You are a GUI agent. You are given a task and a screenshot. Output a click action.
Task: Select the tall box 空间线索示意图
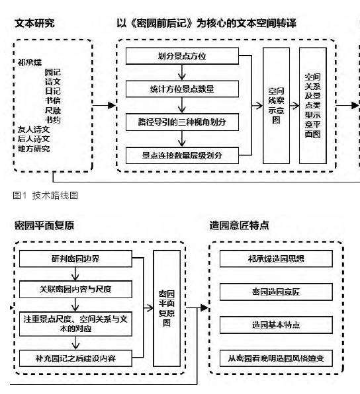[x=276, y=105]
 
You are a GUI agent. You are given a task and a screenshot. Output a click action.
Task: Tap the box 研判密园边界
[x=79, y=258]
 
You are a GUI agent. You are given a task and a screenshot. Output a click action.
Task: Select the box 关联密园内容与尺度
[x=79, y=289]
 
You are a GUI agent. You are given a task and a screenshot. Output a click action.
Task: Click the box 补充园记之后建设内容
[x=79, y=358]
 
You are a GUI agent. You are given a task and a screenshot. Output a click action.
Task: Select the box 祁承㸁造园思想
[x=283, y=258]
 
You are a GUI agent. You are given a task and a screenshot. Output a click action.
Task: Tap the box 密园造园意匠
[x=283, y=291]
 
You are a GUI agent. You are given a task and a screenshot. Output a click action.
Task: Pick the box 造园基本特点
[x=283, y=325]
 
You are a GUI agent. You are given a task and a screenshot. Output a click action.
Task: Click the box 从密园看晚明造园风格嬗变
[x=283, y=359]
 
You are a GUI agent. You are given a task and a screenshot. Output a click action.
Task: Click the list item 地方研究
[x=34, y=149]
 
